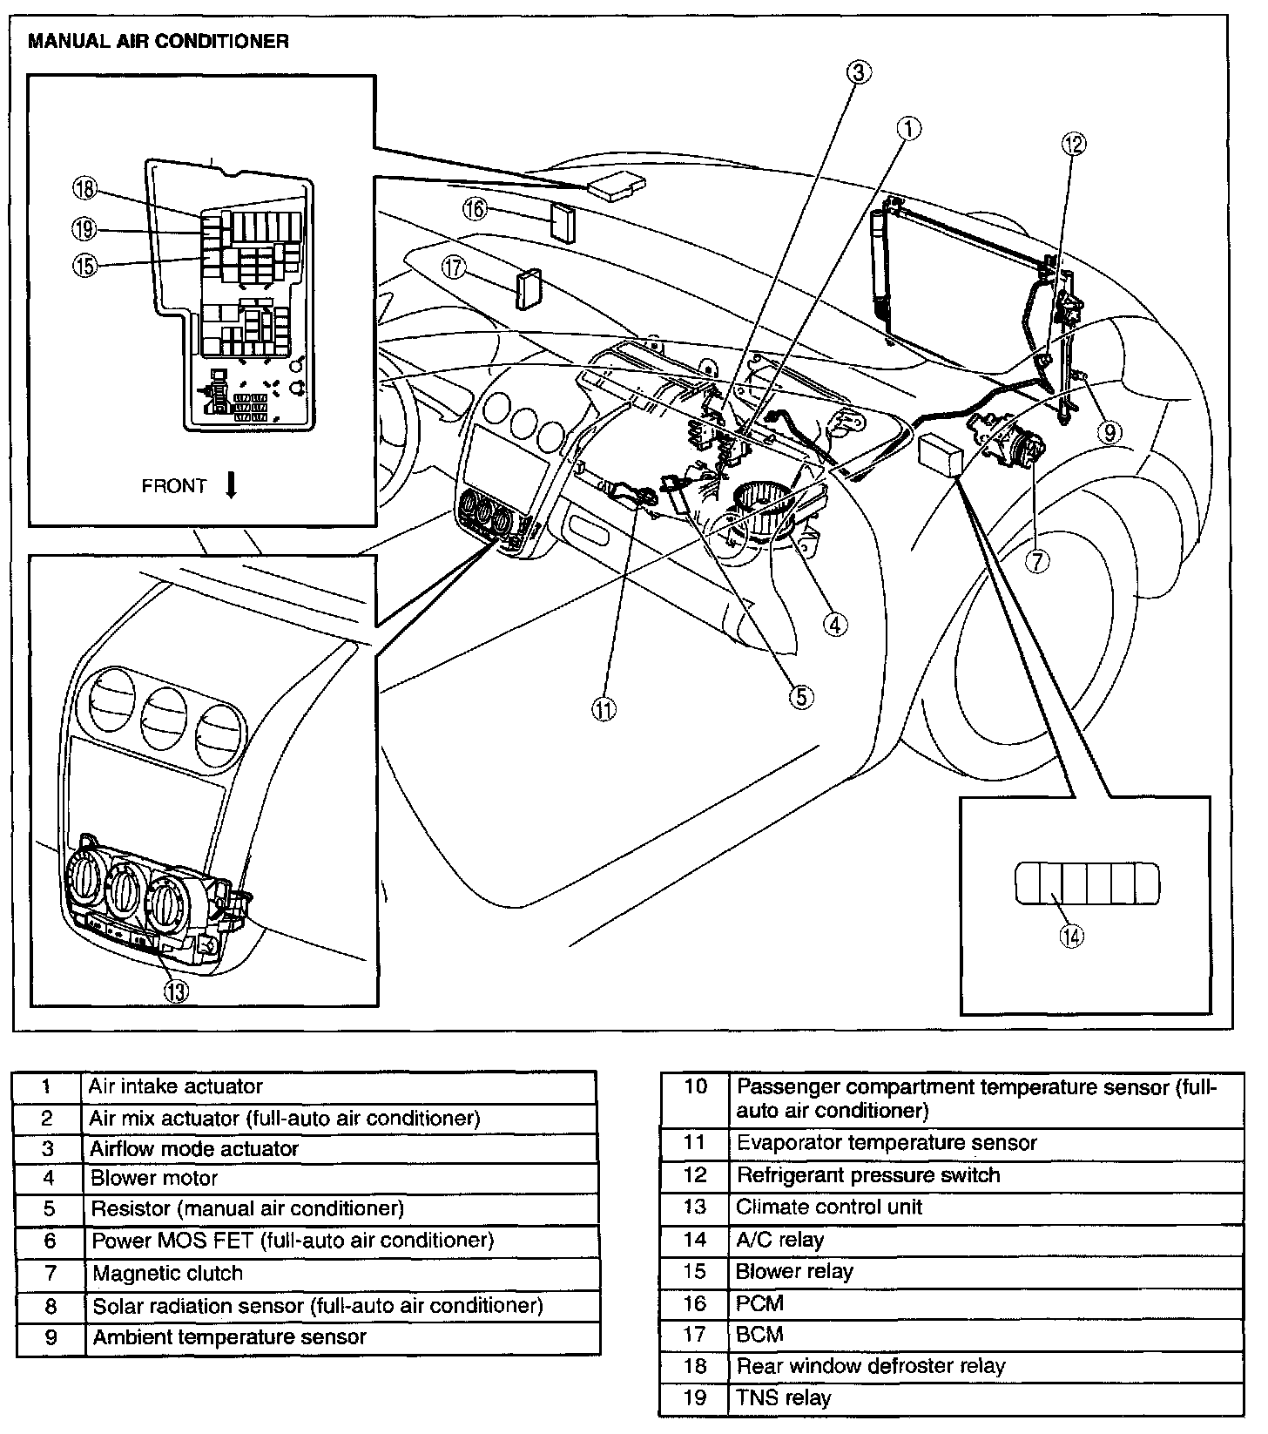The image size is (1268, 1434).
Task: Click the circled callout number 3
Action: click(x=858, y=72)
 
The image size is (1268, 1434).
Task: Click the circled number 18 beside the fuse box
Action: click(x=85, y=190)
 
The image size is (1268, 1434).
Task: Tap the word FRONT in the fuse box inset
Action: click(x=174, y=486)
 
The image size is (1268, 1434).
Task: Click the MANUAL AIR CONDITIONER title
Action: click(x=158, y=41)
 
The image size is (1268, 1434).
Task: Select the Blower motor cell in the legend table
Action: click(x=154, y=1179)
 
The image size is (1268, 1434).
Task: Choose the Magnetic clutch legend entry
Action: click(x=167, y=1274)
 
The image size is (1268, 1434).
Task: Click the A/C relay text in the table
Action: click(x=779, y=1240)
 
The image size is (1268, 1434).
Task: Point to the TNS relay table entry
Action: click(x=784, y=1398)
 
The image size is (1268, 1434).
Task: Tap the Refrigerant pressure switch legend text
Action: click(x=868, y=1175)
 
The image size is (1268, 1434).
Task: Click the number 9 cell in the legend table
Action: click(x=51, y=1337)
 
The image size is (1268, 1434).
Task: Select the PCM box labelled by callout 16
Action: click(x=563, y=223)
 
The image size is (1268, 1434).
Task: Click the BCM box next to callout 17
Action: click(x=529, y=290)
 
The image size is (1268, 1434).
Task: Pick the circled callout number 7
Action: click(x=1035, y=562)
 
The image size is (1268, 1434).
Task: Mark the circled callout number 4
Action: click(x=834, y=624)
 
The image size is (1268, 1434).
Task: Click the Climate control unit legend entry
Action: click(x=829, y=1207)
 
